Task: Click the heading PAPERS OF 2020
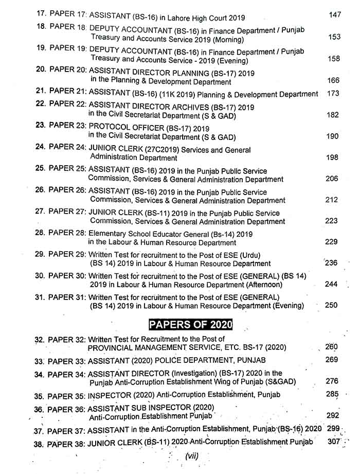pyautogui.click(x=190, y=325)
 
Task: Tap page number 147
pyautogui.click(x=334, y=15)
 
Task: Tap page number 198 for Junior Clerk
pyautogui.click(x=332, y=157)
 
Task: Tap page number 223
pyautogui.click(x=332, y=221)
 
